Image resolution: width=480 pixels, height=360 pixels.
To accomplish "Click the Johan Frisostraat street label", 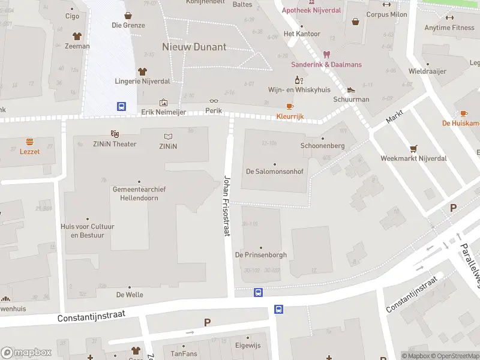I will tap(227, 205).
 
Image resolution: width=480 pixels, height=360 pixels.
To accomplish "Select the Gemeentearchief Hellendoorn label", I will tap(139, 193).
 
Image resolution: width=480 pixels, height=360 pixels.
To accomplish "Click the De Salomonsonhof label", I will tap(274, 171).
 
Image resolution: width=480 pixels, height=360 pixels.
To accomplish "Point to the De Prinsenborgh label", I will tap(261, 255).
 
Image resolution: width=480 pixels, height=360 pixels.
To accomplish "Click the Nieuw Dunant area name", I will tap(194, 46).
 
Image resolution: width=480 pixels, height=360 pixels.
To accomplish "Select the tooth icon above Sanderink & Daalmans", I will tap(326, 54).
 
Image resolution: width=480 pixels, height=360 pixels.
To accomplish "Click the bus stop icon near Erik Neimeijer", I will tap(121, 106).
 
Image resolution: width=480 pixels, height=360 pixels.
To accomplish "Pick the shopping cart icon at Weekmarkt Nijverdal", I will tap(413, 148).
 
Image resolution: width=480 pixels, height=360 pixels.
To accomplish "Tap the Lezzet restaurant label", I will tap(29, 152).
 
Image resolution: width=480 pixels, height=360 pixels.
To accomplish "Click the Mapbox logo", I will tap(26, 352).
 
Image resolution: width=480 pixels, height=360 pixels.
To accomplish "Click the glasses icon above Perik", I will tap(214, 101).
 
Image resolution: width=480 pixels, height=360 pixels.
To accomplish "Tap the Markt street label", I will tap(394, 116).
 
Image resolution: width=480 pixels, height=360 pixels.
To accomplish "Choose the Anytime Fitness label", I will tap(449, 28).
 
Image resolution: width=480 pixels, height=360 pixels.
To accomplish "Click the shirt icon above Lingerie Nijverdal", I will tap(142, 71).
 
